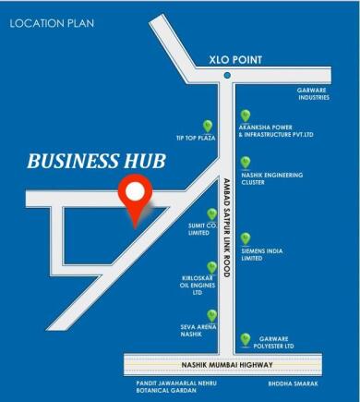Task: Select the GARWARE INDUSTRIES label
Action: pos(314,93)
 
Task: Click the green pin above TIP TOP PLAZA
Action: pos(208,125)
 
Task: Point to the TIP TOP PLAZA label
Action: pos(195,138)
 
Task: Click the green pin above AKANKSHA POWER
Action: pos(246,116)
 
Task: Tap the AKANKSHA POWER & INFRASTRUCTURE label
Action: pos(276,131)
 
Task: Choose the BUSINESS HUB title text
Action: pos(96,161)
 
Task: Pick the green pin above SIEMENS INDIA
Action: pos(246,238)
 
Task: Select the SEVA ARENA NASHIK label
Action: pos(198,330)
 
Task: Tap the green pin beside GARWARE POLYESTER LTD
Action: pos(245,339)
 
